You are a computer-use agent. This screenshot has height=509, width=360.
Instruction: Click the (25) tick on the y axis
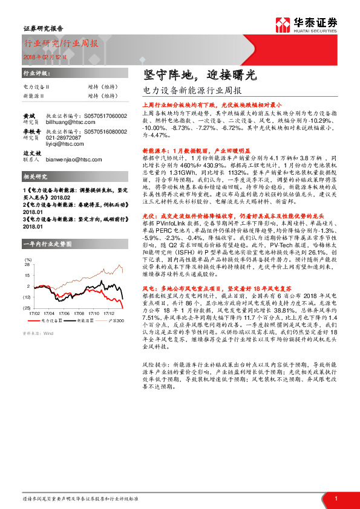pos(27,308)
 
